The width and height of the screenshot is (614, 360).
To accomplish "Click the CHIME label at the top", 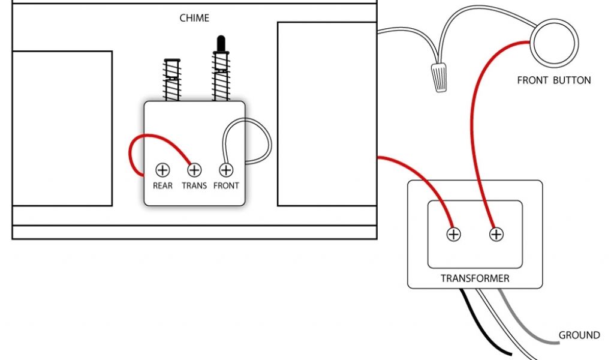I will [194, 18].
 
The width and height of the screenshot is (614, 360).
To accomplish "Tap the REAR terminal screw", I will [162, 170].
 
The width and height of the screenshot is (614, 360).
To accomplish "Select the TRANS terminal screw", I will [194, 170].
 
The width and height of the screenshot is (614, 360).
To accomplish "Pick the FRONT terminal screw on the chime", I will [226, 170].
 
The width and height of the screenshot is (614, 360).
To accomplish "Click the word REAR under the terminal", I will [162, 185].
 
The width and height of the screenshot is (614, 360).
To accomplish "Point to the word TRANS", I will [194, 185].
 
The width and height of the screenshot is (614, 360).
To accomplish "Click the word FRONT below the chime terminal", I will [226, 185].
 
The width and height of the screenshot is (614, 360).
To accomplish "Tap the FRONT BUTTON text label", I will [553, 80].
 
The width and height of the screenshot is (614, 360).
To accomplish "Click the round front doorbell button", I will [555, 43].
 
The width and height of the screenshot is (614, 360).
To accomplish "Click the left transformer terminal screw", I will [454, 234].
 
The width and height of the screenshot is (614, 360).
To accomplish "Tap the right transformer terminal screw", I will [496, 234].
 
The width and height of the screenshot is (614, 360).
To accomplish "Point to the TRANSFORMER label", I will [475, 278].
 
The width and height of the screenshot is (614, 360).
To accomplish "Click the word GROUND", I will [579, 335].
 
